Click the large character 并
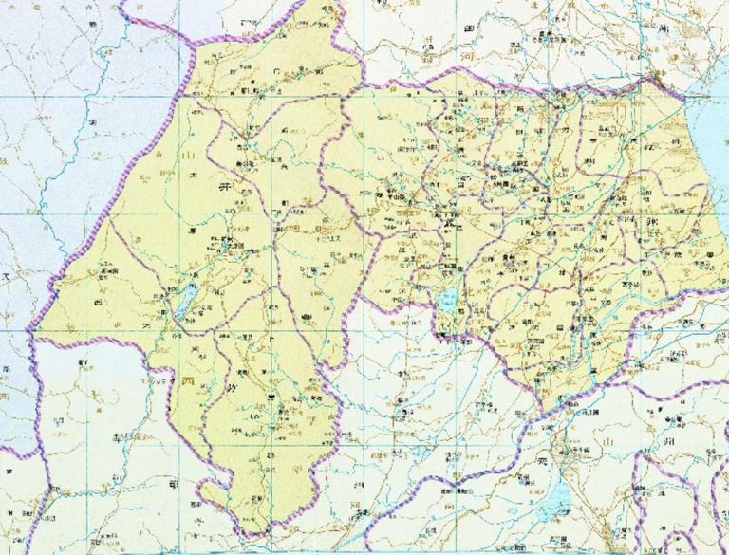226,191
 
